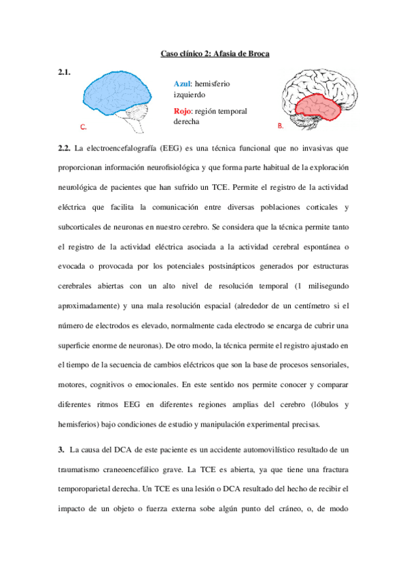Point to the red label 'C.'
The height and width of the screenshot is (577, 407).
(x=83, y=127)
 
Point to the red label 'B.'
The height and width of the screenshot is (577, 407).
(x=281, y=127)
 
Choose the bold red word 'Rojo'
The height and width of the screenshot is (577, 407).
(x=183, y=111)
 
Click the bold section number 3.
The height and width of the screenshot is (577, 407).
(x=61, y=450)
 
